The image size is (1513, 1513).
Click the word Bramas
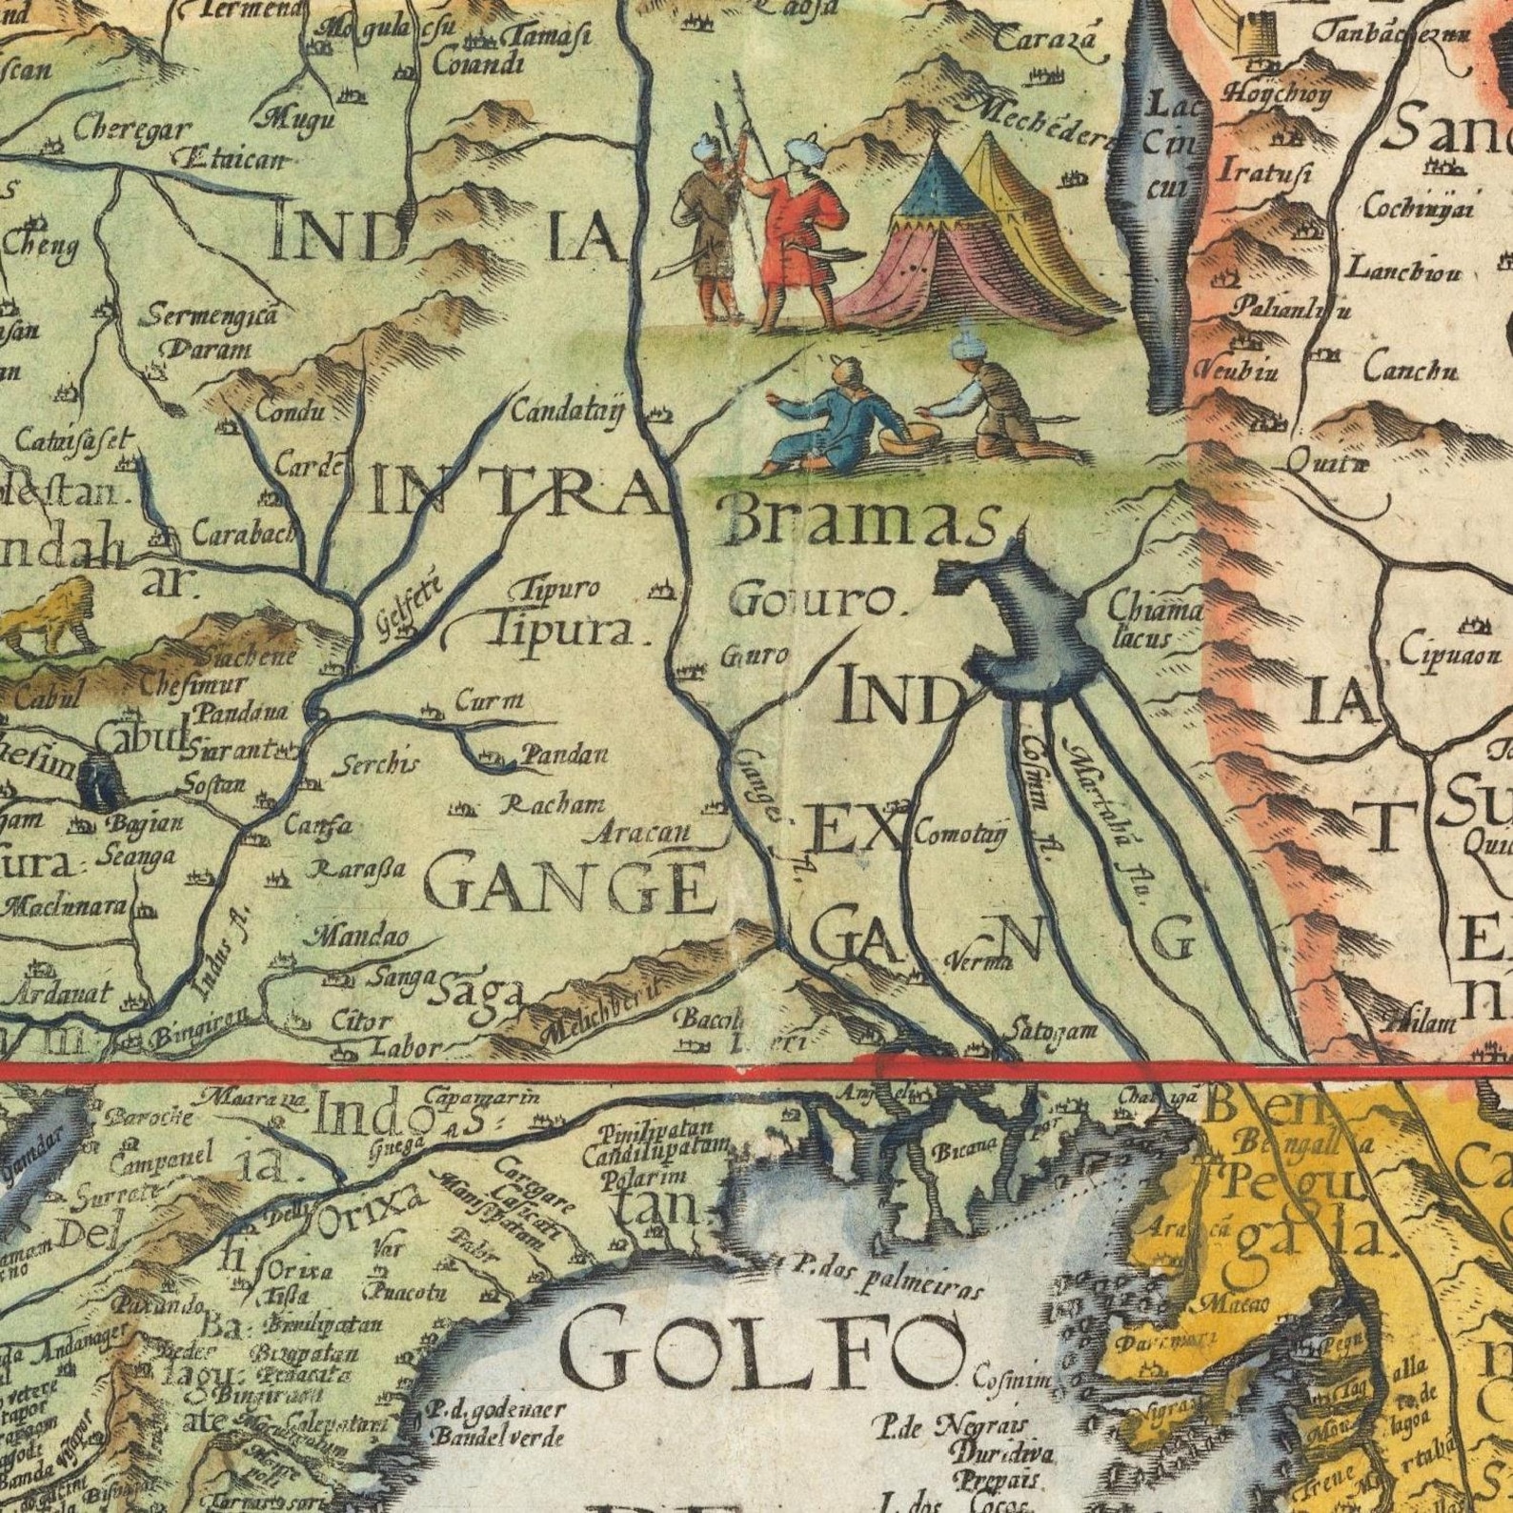tap(862, 524)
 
